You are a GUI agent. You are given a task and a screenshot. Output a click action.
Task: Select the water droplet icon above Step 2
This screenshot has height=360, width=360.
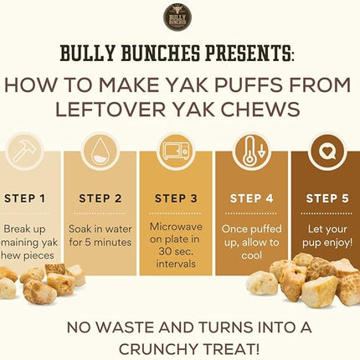pyautogui.click(x=100, y=152)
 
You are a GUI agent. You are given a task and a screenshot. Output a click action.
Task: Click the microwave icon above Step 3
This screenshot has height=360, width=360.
pyautogui.click(x=176, y=153)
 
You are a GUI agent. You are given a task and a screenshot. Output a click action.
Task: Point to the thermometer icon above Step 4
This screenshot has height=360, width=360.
pyautogui.click(x=252, y=153)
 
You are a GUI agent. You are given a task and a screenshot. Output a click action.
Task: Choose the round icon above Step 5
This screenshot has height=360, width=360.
pyautogui.click(x=327, y=153)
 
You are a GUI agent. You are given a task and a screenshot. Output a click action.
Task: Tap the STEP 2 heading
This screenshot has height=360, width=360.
pyautogui.click(x=100, y=198)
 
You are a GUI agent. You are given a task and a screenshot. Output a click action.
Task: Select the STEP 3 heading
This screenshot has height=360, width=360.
pyautogui.click(x=177, y=198)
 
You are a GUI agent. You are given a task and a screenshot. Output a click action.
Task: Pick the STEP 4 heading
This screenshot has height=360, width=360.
pyautogui.click(x=252, y=198)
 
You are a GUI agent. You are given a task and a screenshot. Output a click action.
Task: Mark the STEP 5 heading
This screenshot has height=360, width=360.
pyautogui.click(x=327, y=198)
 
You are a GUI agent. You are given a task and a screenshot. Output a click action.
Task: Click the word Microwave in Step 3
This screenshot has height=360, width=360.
pyautogui.click(x=177, y=227)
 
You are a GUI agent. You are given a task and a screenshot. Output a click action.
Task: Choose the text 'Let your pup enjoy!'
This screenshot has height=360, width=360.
pyautogui.click(x=327, y=234)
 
